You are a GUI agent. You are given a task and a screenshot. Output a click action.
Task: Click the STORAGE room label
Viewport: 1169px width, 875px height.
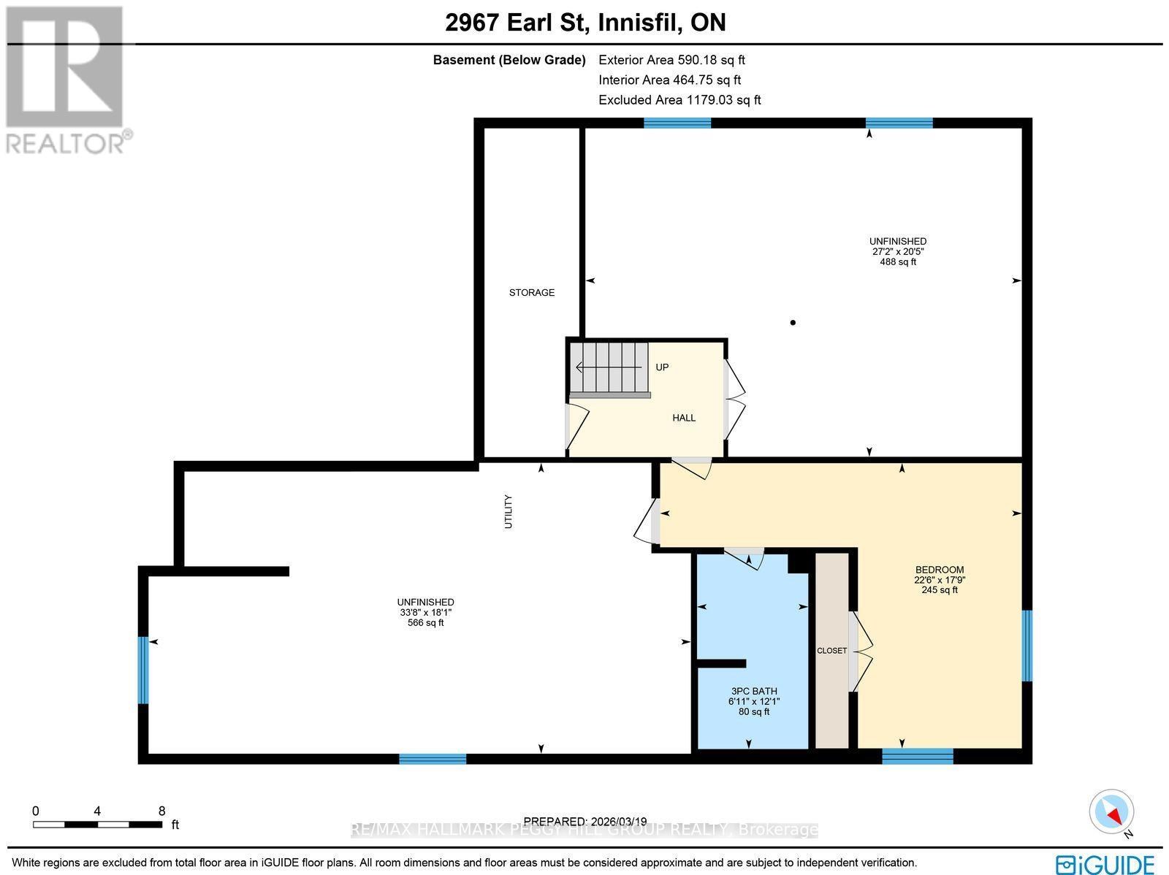click(x=532, y=292)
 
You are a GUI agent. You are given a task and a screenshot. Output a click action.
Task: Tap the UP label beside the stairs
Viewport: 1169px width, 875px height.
click(x=662, y=367)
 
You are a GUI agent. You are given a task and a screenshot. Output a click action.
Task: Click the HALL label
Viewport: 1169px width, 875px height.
click(x=684, y=418)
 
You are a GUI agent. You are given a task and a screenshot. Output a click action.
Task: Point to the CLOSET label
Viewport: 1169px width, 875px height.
click(x=831, y=651)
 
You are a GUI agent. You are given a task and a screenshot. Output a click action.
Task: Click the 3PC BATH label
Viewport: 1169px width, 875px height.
click(x=754, y=691)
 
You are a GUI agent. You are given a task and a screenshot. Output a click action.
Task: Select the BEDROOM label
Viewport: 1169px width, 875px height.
click(x=940, y=570)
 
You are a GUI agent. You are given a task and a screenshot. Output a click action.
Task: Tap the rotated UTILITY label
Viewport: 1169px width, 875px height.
click(x=509, y=511)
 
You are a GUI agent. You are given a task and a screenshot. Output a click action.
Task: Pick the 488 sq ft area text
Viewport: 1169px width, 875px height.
click(x=898, y=261)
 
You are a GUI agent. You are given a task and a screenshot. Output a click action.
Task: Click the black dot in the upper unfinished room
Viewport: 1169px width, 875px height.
click(x=793, y=322)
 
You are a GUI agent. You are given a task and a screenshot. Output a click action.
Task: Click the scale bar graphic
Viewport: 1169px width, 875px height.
click(x=97, y=825)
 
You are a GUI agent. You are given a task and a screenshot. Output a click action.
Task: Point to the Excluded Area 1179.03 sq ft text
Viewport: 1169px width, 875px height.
click(x=679, y=100)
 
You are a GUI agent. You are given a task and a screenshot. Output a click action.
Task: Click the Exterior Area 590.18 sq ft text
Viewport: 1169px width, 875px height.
click(x=671, y=61)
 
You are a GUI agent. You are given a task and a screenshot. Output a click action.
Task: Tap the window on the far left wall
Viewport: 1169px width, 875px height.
click(x=144, y=670)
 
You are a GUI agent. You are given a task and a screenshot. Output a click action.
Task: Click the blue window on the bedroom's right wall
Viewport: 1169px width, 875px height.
click(x=1027, y=646)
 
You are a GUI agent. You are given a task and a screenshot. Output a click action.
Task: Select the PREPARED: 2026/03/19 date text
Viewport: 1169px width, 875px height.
click(x=585, y=822)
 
